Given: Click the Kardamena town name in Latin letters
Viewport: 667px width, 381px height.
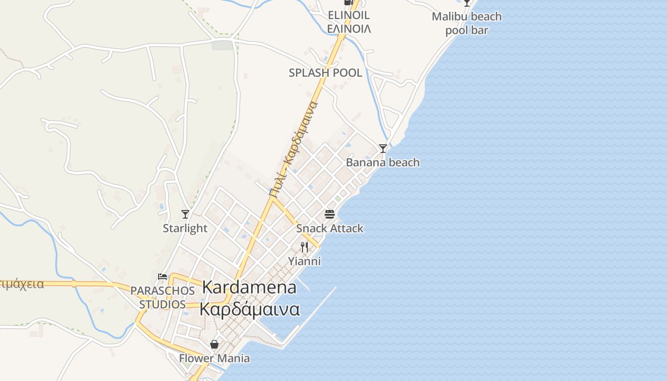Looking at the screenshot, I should [249, 287].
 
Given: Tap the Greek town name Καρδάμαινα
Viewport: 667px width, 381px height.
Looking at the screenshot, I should [249, 309].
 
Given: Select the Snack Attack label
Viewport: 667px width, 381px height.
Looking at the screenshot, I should [330, 228].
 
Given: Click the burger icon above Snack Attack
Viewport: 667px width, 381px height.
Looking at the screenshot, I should [330, 214].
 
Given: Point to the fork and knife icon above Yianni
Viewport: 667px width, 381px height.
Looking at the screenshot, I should [304, 247].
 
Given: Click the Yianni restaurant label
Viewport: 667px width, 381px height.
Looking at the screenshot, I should [304, 261].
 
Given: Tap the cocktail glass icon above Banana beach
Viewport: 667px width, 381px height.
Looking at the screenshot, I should [383, 149].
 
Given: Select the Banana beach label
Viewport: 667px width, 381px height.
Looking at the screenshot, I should [383, 162].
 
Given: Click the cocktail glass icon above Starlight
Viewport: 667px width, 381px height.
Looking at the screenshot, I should [185, 214].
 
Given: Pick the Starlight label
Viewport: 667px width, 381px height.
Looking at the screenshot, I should [185, 228].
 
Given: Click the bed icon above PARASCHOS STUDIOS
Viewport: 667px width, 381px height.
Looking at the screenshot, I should [162, 276].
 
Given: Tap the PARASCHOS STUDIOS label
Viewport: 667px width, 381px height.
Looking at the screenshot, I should [162, 297].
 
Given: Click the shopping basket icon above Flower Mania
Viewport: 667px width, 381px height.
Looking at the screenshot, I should [214, 344].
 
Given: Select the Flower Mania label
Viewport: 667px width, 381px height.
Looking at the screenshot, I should [214, 358].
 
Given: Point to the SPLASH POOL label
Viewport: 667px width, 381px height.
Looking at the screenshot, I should [325, 73].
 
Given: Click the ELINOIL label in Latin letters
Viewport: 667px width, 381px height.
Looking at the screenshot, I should [349, 15].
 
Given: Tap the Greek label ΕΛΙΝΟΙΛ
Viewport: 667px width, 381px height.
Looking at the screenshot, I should [349, 29].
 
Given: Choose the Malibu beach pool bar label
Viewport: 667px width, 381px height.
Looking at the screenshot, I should [467, 23].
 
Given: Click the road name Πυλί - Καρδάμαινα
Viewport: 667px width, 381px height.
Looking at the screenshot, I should [293, 149].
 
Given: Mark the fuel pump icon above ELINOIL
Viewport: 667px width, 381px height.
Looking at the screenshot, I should [349, 2].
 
